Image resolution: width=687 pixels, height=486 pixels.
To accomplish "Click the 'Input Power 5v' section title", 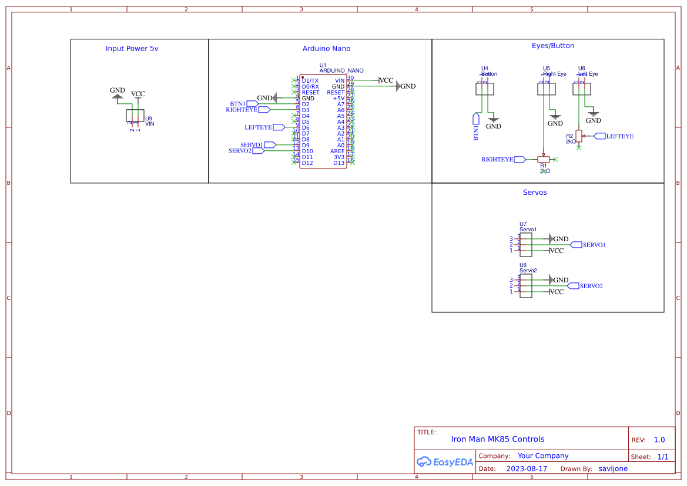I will pyautogui.click(x=132, y=49).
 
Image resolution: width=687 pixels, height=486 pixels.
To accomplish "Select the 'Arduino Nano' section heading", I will pyautogui.click(x=326, y=49).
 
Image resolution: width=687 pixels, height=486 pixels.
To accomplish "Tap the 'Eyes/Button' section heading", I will pyautogui.click(x=548, y=46).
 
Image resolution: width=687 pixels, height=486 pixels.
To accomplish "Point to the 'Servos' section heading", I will pyautogui.click(x=535, y=193).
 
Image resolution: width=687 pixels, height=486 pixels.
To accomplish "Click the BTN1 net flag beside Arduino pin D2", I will pyautogui.click(x=252, y=104).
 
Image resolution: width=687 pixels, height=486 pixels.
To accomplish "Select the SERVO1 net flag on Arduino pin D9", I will pyautogui.click(x=270, y=144).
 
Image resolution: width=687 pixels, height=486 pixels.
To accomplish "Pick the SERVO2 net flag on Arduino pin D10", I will pyautogui.click(x=258, y=151).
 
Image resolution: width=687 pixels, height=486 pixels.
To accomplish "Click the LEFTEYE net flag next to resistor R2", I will pyautogui.click(x=599, y=136).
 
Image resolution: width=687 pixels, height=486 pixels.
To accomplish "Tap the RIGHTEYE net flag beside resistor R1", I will pyautogui.click(x=520, y=159).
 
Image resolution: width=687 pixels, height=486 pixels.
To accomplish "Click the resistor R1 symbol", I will pyautogui.click(x=544, y=159).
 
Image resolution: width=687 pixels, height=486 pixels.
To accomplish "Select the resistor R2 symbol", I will pyautogui.click(x=579, y=136).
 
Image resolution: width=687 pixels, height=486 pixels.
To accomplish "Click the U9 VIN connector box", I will pyautogui.click(x=135, y=116).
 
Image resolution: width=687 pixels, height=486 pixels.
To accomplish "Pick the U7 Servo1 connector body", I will pyautogui.click(x=527, y=245).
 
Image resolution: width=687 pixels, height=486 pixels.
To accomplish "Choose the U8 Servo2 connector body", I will pyautogui.click(x=527, y=286).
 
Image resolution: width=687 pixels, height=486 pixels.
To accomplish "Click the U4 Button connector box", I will pyautogui.click(x=485, y=89).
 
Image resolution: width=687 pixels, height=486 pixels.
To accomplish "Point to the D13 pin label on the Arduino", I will pyautogui.click(x=339, y=163).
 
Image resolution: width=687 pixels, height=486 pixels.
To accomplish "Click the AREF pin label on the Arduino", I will pyautogui.click(x=337, y=151).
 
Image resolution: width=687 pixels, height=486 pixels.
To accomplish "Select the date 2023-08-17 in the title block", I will pyautogui.click(x=527, y=469).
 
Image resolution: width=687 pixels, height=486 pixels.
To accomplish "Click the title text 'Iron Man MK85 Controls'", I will pyautogui.click(x=497, y=439).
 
